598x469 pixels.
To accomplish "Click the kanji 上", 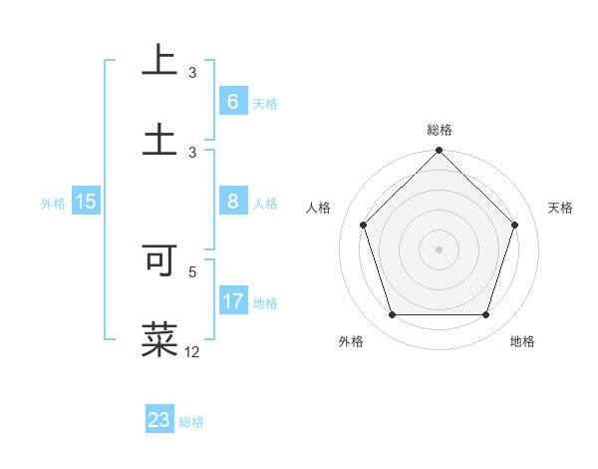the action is pos(159,59).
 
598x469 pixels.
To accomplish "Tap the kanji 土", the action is pos(159,139).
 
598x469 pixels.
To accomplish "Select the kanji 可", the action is pos(159,258).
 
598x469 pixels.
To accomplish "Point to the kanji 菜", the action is pos(159,338).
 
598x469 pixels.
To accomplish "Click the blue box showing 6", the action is pos(232,102).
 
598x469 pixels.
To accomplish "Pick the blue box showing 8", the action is pos(232,202).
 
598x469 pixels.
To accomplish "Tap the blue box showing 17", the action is pos(233,301).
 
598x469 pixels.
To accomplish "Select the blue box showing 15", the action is pos(86,202).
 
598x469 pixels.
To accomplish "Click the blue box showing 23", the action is pos(159,420).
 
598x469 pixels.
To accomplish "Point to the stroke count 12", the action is pos(193,351).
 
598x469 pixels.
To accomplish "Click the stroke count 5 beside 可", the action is pos(193,270).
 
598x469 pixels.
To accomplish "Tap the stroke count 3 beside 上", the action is pos(193,72).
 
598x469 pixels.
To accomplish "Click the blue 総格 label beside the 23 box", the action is pos(191,422).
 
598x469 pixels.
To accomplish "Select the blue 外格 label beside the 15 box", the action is pos(53,203).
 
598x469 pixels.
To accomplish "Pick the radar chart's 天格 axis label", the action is pos(561,208).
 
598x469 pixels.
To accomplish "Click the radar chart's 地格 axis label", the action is pos(522,341).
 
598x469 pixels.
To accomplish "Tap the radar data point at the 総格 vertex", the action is pos(439,152).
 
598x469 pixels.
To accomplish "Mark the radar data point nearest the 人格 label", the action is pos(364,225).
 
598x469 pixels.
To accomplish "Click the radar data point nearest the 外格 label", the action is pos(392,315).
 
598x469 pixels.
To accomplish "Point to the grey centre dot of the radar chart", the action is pos(439,249).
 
